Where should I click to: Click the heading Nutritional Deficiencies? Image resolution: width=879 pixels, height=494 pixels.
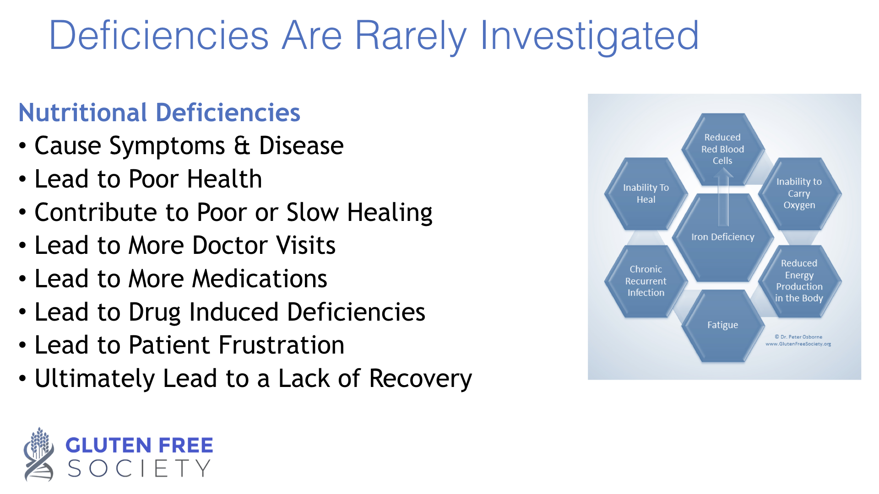159,113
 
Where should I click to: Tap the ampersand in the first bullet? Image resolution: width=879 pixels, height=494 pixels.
242,146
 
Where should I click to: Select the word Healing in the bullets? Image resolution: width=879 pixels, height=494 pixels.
390,213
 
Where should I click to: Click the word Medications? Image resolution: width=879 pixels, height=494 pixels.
260,279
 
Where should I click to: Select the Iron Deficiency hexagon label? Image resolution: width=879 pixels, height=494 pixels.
722,237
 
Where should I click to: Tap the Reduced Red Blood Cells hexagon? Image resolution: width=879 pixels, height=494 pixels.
723,149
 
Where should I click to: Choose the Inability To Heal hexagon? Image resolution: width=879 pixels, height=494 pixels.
646,193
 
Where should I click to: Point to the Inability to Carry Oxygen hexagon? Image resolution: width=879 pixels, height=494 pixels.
799,193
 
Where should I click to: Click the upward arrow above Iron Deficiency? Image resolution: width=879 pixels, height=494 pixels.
723,197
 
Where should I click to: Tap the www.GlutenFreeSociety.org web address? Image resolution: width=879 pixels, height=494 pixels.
798,344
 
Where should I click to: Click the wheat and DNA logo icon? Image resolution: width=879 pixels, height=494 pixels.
39,454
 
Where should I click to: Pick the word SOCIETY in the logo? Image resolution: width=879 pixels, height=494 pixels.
139,468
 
